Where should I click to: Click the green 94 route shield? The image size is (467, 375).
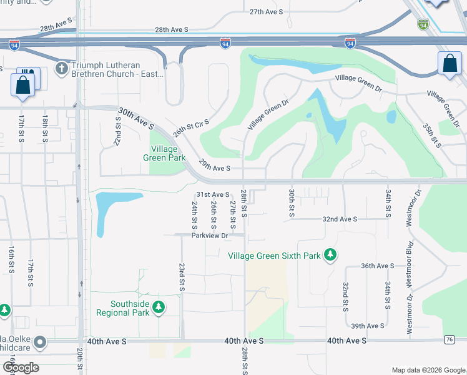click(x=423, y=25)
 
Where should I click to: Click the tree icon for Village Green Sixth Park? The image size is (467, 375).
click(x=330, y=255)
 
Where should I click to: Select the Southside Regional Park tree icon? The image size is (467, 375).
click(x=159, y=307)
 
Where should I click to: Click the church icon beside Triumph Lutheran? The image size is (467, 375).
click(x=61, y=67)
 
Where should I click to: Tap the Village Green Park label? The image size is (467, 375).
click(x=164, y=154)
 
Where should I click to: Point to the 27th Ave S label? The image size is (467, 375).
click(x=267, y=12)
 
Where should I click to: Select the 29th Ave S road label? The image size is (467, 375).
click(x=215, y=168)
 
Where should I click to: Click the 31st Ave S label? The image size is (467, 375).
click(x=213, y=195)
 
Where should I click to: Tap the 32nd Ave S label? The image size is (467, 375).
click(x=340, y=219)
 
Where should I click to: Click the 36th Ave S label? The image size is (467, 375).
click(x=378, y=266)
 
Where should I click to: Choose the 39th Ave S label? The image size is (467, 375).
click(x=367, y=326)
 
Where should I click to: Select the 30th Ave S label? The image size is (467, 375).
click(x=135, y=116)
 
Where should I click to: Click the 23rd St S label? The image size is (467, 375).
click(x=182, y=276)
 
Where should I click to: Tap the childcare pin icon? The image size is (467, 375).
click(x=41, y=342)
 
